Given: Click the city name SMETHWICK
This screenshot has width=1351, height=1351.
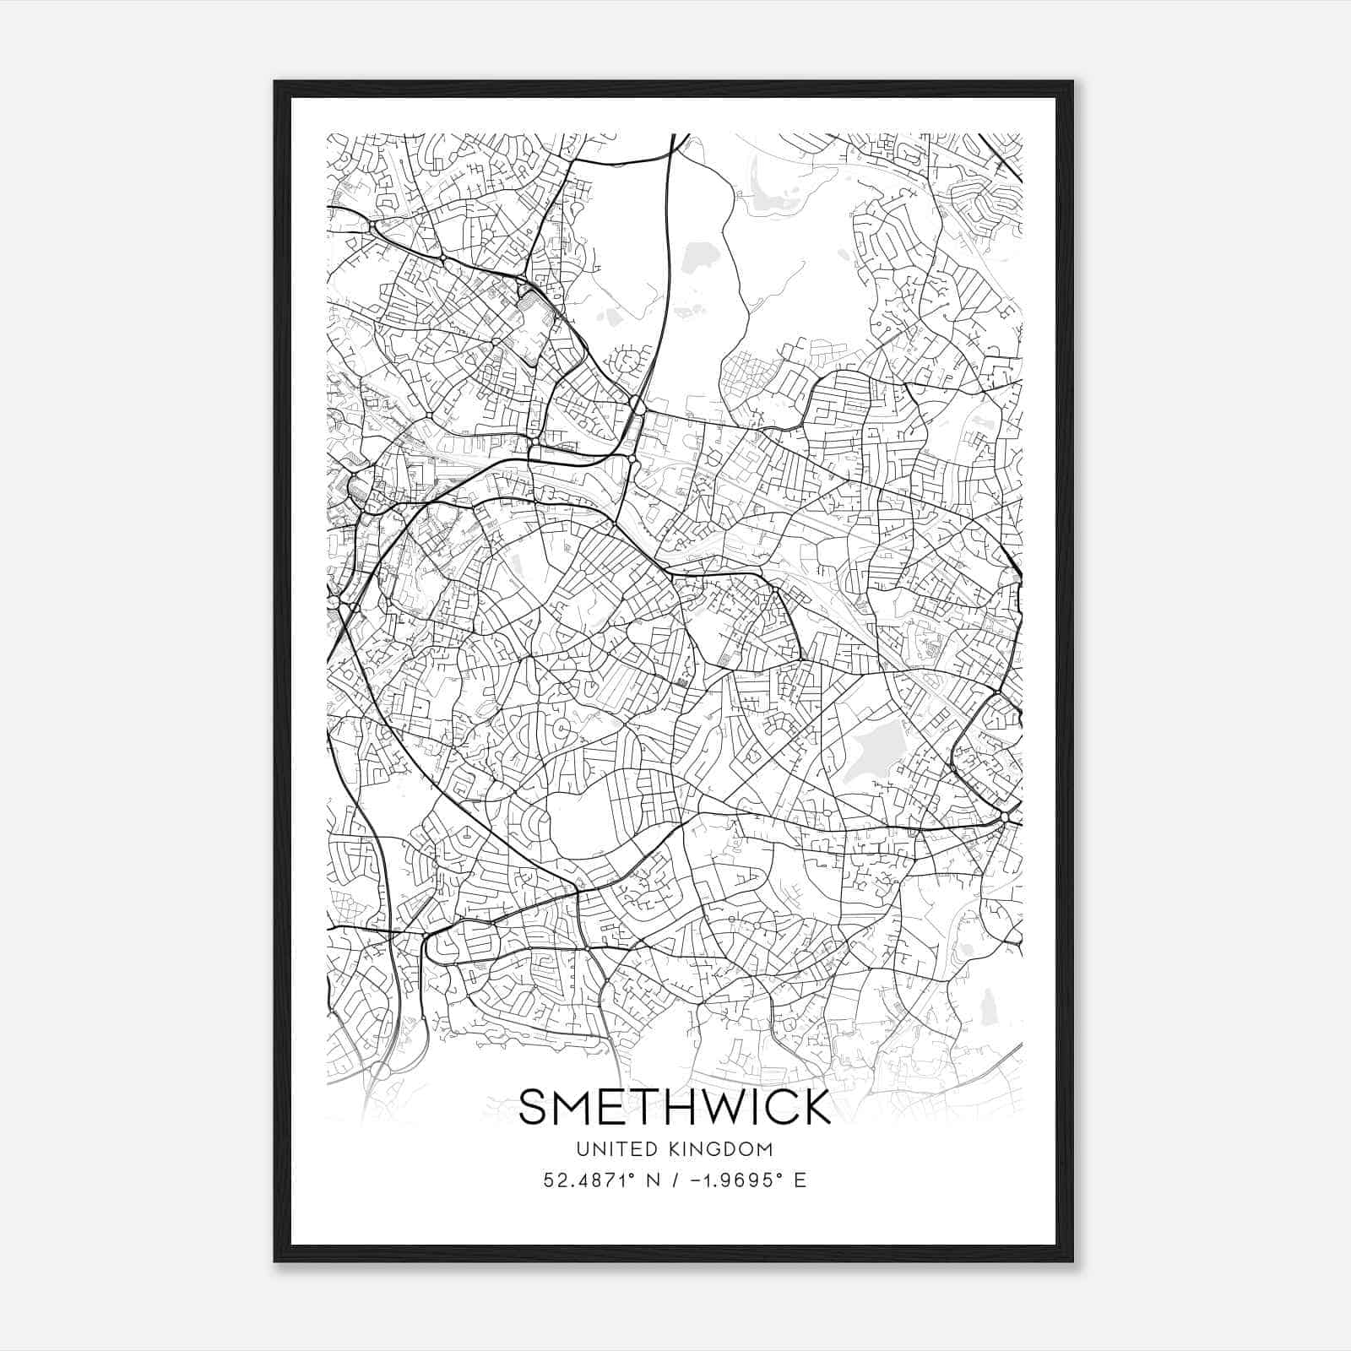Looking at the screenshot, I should coord(675,1107).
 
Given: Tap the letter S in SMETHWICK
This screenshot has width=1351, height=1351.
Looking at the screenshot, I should coord(534,1107).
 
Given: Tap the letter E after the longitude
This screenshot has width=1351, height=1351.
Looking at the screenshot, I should coord(800,1180).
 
